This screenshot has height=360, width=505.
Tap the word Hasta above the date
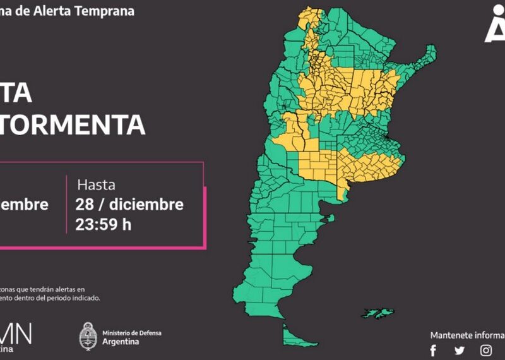(96, 185)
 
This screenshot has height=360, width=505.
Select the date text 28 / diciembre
(130, 205)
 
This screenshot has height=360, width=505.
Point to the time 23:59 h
(104, 225)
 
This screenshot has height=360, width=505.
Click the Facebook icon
(433, 351)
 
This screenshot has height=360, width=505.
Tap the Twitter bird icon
(460, 351)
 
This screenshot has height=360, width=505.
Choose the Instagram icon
(485, 351)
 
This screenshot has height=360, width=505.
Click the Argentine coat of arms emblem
(88, 336)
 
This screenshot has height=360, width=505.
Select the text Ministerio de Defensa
(131, 332)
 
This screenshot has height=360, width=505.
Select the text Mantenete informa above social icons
(467, 335)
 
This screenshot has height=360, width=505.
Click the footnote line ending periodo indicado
(50, 297)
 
